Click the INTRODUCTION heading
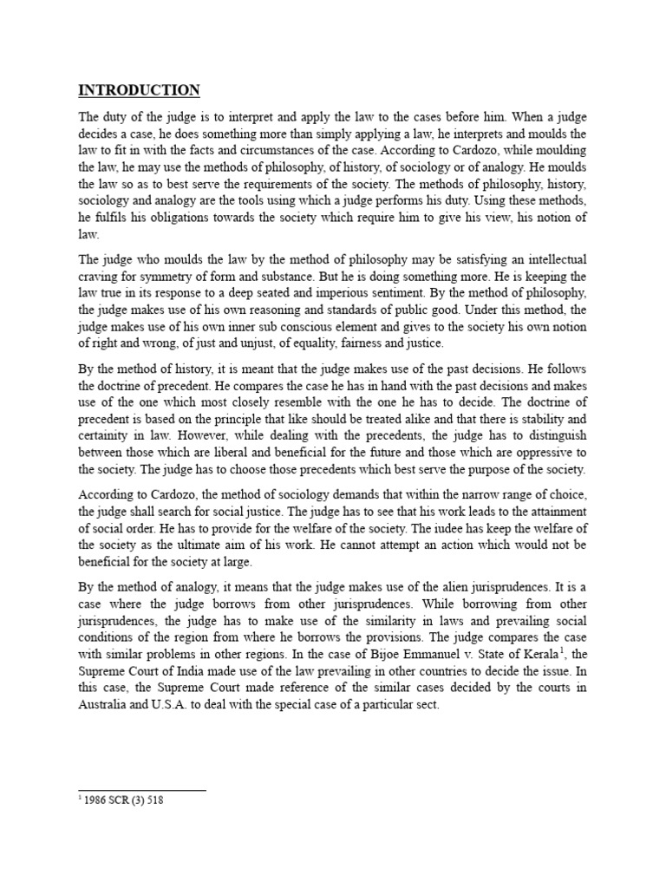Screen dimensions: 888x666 (140, 90)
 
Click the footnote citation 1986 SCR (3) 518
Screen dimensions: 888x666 (121, 800)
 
